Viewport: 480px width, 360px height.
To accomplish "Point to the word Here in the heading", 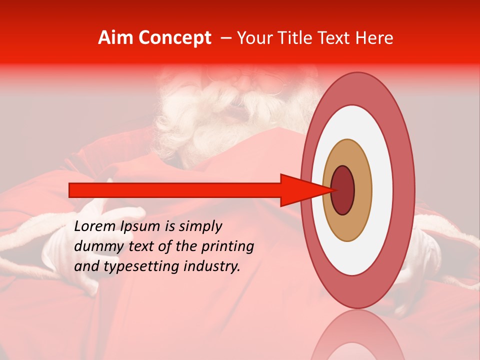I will pyautogui.click(x=374, y=38).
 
